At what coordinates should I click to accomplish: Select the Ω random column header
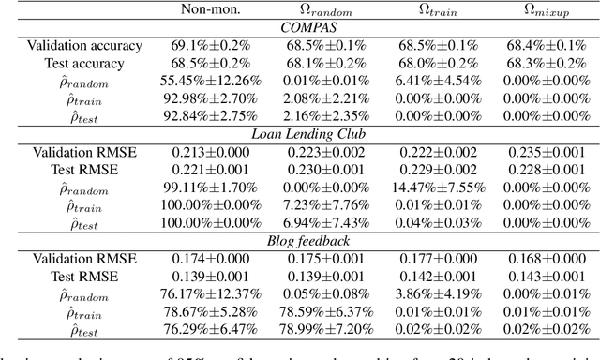(x=314, y=11)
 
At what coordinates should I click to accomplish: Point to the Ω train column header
(x=427, y=11)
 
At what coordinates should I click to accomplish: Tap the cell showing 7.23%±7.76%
(x=315, y=206)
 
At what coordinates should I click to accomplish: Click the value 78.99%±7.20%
(x=315, y=331)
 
